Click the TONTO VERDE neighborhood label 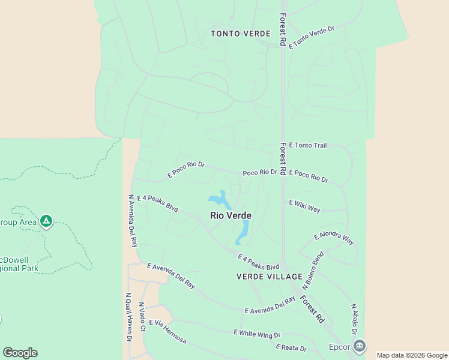coord(241,34)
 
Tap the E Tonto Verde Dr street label coord(311,37)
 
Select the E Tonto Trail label coord(308,145)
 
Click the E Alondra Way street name coord(334,237)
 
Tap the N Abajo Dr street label coord(355,319)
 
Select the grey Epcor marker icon coord(359,346)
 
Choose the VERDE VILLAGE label coord(270,277)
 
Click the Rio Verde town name coord(231,215)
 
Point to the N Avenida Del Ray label coord(133,221)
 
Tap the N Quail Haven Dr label coord(128,317)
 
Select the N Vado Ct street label coord(142,317)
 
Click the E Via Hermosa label coord(167,332)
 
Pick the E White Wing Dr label coord(257,333)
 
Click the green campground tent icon coord(46,222)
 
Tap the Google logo coord(20,353)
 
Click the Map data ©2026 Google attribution coord(412,355)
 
